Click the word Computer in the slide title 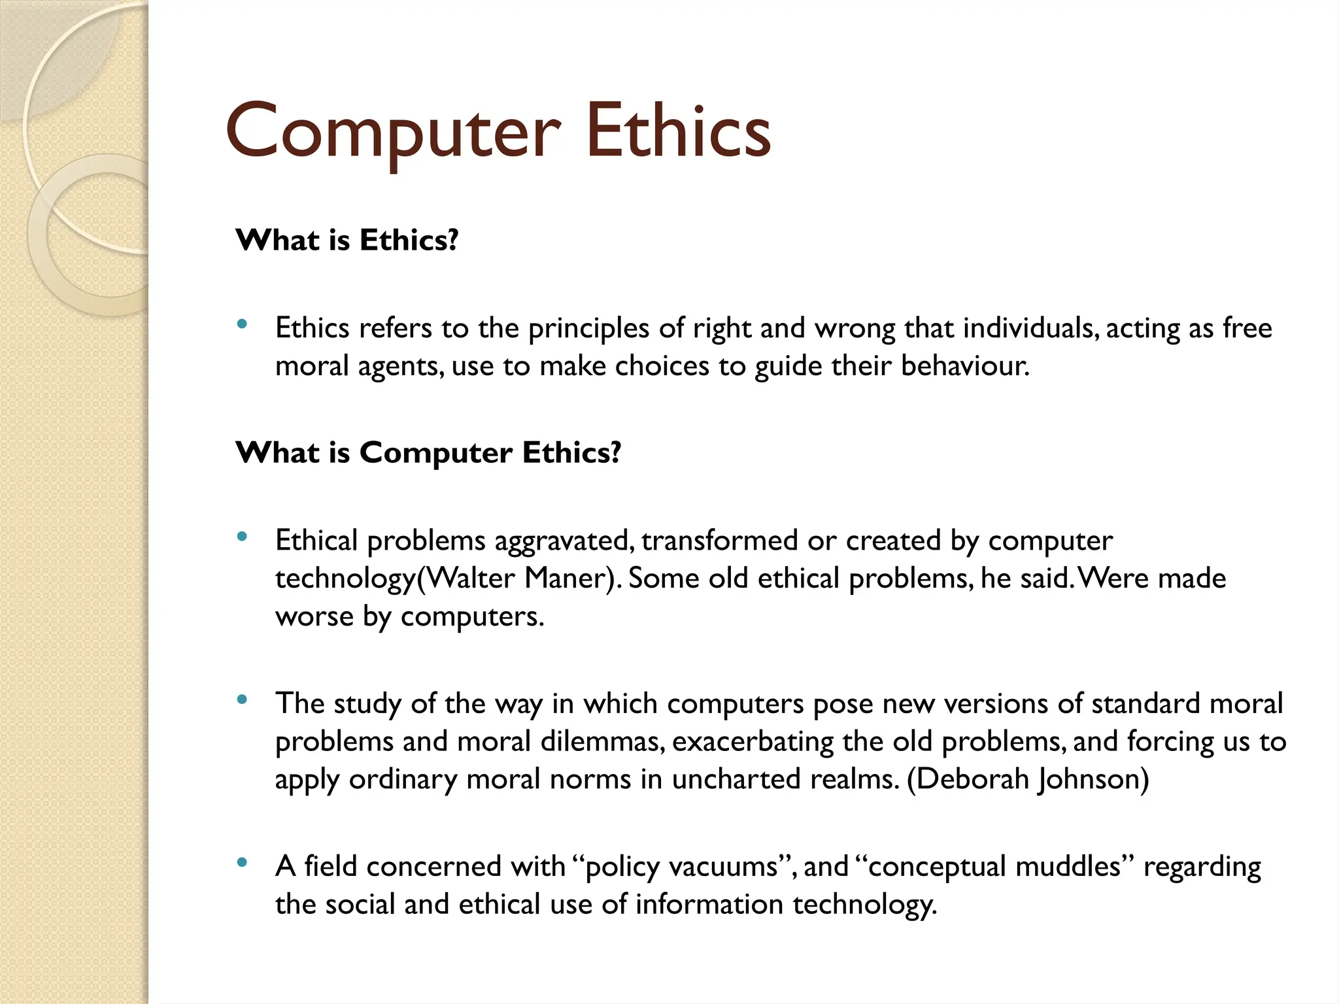pos(392,132)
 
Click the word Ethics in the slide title pos(678,132)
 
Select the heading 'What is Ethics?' pos(347,241)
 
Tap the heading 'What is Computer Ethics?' pos(428,453)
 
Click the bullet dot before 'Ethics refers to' pos(243,324)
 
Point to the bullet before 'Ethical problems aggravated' pos(243,537)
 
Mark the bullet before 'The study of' pos(243,699)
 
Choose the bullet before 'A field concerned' pos(243,862)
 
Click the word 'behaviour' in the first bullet pos(964,366)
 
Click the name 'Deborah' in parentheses pos(969,779)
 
